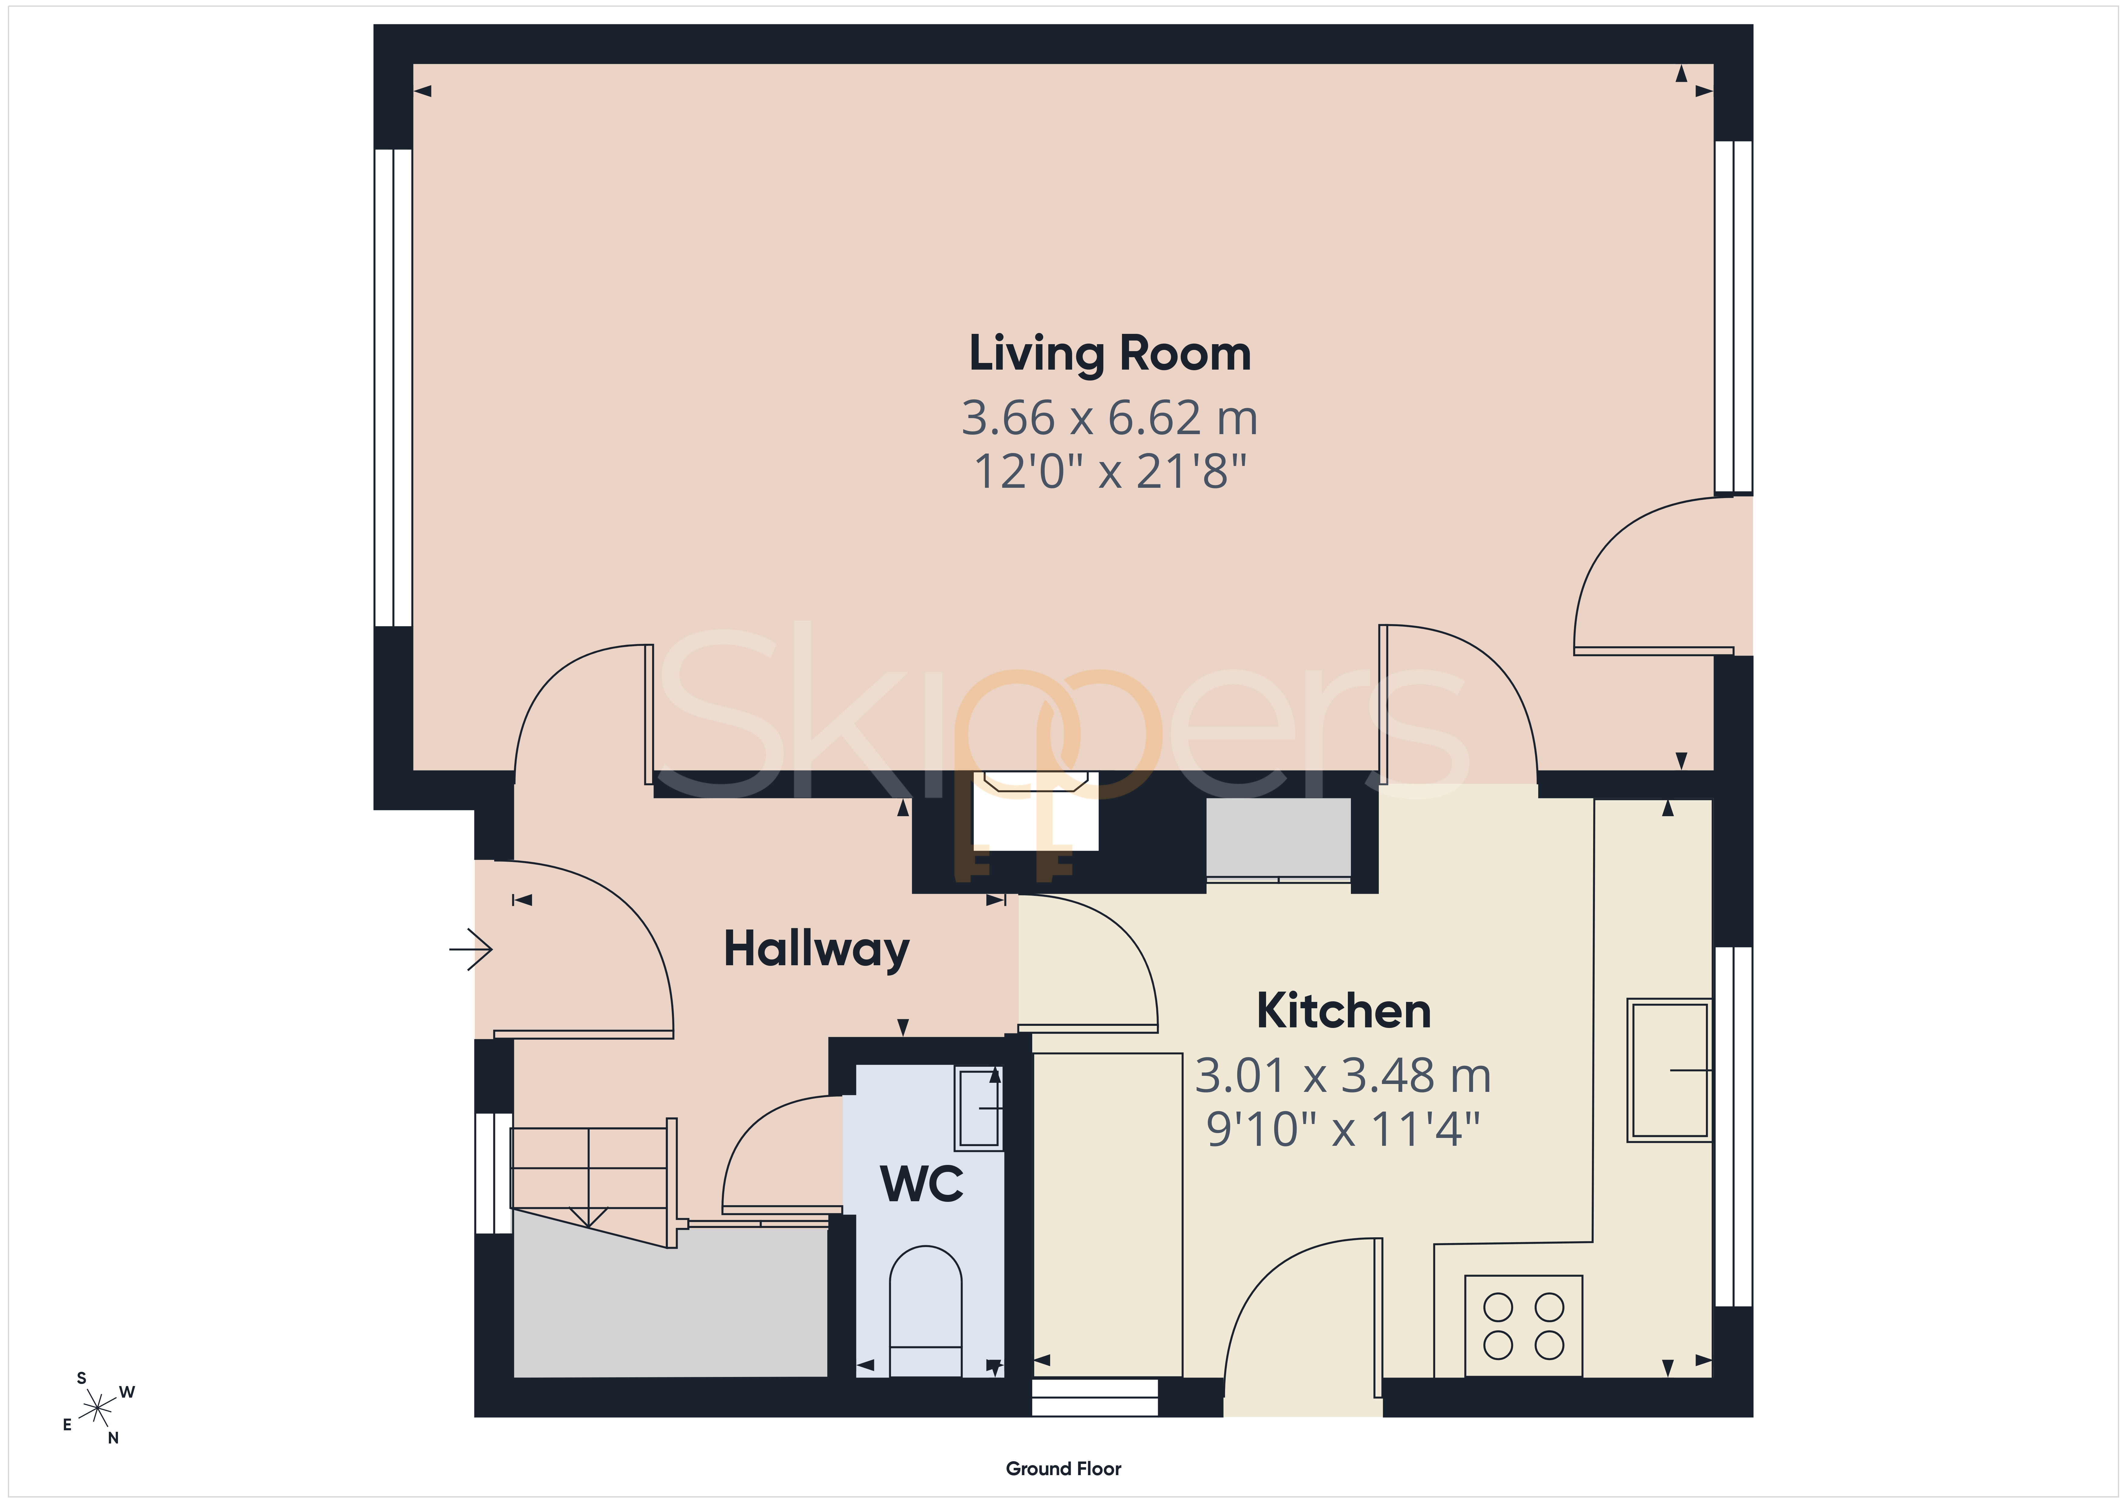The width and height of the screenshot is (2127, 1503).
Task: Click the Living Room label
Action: click(1110, 355)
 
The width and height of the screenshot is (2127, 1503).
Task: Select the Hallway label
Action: click(816, 950)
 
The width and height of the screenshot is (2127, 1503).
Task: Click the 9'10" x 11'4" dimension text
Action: click(1343, 1129)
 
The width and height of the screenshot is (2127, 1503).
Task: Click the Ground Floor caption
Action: click(1063, 1469)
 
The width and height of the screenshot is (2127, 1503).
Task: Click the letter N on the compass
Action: click(113, 1438)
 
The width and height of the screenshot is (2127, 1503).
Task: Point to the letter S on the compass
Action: click(82, 1378)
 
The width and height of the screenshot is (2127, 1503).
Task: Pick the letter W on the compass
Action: click(127, 1392)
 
